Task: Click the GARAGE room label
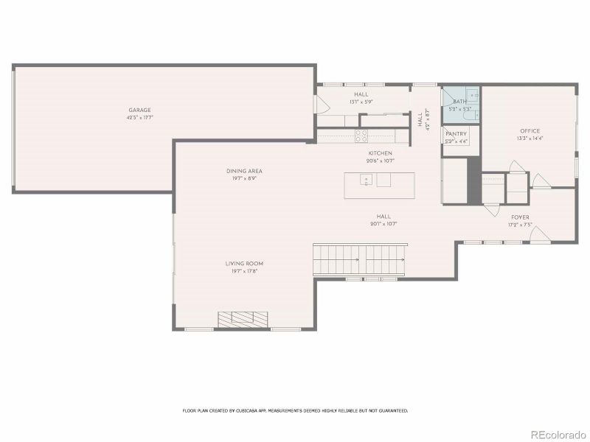click(139, 110)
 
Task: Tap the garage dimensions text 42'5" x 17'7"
click(139, 117)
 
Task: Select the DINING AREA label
click(244, 171)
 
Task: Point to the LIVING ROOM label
click(244, 263)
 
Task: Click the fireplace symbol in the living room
click(243, 318)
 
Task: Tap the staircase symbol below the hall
click(360, 259)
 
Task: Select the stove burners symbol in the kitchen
click(361, 135)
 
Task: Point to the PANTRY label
click(456, 134)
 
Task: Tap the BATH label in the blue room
click(459, 102)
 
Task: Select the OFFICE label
click(530, 131)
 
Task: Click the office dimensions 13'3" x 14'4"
click(530, 138)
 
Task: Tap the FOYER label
click(520, 217)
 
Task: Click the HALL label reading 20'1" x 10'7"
click(383, 223)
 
